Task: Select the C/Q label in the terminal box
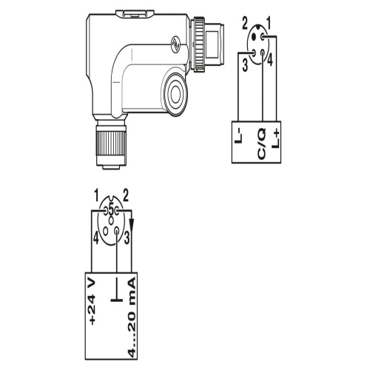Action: (261, 144)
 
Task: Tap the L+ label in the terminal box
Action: (276, 139)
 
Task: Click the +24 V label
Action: (92, 301)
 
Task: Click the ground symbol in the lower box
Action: (117, 289)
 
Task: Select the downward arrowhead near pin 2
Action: (132, 224)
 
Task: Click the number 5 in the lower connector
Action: (111, 210)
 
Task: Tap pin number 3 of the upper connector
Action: (245, 65)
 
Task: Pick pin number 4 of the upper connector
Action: (270, 61)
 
